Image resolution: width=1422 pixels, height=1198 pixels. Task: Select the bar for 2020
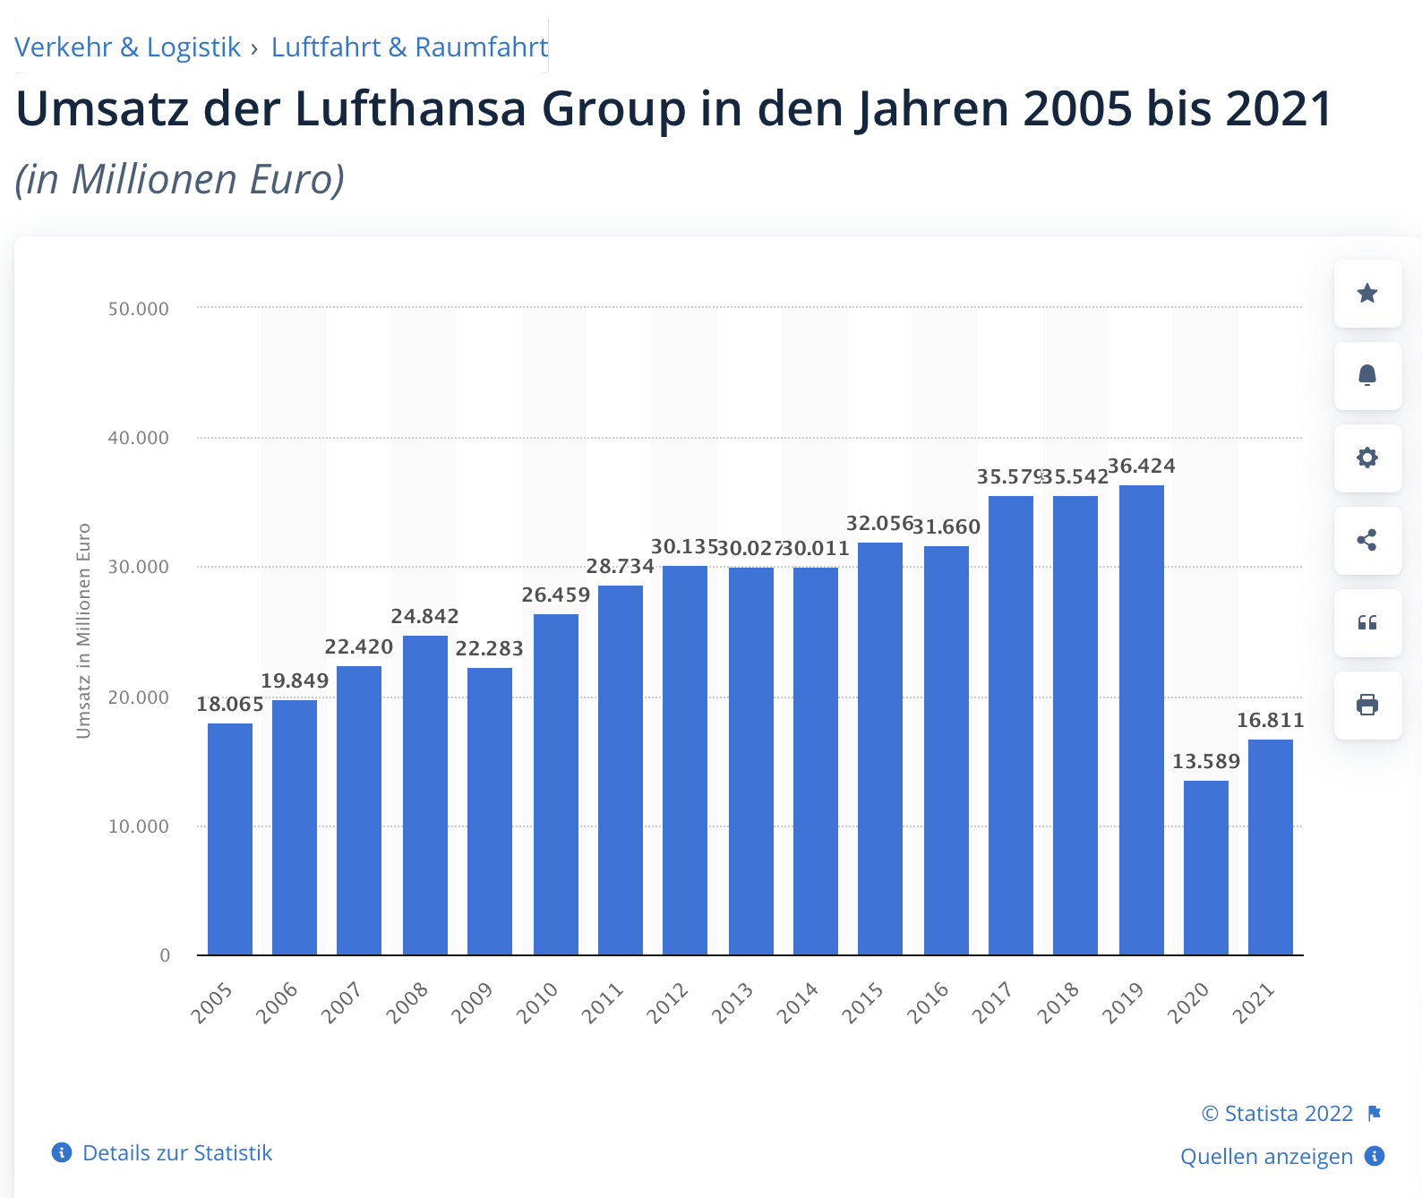(x=1206, y=868)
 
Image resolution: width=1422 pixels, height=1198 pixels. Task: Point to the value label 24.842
(x=424, y=616)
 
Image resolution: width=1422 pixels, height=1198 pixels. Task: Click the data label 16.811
(x=1270, y=720)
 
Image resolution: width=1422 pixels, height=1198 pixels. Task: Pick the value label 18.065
(x=230, y=704)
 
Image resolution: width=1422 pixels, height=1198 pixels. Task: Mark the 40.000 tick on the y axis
(x=138, y=438)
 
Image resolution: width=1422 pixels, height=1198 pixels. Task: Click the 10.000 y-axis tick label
(x=138, y=826)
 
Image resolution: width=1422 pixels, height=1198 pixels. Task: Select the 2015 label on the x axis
(x=863, y=1003)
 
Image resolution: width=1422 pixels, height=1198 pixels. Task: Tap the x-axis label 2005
(x=212, y=1003)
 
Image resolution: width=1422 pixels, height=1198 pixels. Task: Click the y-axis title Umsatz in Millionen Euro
(x=83, y=631)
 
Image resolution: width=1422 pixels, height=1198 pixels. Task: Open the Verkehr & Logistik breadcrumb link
(x=127, y=47)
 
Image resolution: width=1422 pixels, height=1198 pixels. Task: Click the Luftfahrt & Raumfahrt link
(x=409, y=47)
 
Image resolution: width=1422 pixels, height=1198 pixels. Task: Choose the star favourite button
(x=1367, y=294)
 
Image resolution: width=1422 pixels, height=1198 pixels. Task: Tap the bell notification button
(x=1367, y=375)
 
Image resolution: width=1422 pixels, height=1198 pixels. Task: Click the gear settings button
(x=1367, y=458)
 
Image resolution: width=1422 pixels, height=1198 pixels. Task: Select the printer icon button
(x=1367, y=705)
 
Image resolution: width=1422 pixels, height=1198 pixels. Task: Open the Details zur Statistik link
(x=176, y=1152)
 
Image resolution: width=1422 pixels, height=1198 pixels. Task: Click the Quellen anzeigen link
(x=1265, y=1156)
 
